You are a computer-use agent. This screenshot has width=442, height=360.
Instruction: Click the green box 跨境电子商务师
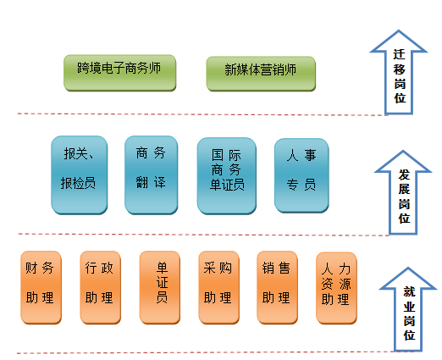click(120, 73)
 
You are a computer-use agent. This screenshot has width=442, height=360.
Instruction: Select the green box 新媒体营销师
click(261, 74)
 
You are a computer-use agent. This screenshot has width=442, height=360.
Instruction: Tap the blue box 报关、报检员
click(80, 175)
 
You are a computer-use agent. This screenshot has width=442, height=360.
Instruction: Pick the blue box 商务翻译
click(152, 175)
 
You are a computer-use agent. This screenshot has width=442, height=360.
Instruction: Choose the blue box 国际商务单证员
click(227, 176)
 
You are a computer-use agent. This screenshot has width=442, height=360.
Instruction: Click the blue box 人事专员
click(301, 175)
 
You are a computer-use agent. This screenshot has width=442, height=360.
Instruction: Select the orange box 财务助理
click(41, 287)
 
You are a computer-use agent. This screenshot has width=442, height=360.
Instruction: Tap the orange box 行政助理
click(101, 287)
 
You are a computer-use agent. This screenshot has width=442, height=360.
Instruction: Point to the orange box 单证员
click(160, 287)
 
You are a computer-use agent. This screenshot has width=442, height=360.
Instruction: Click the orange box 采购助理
click(219, 287)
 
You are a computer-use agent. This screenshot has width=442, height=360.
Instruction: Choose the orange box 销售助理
click(277, 287)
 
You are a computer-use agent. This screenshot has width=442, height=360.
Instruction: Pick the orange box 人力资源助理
click(336, 288)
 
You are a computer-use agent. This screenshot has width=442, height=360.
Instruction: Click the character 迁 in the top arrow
click(399, 54)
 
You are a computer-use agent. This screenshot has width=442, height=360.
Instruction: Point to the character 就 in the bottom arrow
click(409, 291)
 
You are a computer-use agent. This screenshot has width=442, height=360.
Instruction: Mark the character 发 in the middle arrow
click(404, 174)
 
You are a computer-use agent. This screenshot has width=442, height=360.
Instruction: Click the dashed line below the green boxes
click(202, 114)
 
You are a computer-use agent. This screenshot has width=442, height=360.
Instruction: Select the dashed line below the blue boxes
click(204, 235)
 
